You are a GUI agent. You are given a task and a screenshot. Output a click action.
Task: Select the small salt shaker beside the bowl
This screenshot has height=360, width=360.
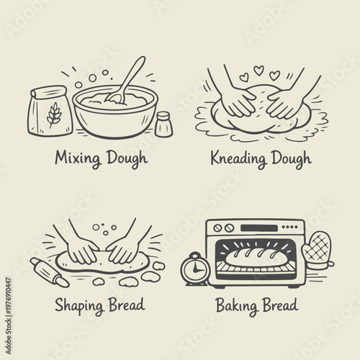coord(163,124)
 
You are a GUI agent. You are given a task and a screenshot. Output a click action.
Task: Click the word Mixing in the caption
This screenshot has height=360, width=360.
coord(78,158)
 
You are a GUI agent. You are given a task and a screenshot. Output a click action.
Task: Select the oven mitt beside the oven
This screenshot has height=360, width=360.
coord(316,248)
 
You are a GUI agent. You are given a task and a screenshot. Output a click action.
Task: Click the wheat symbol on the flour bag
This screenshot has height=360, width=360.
coord(53,114)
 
